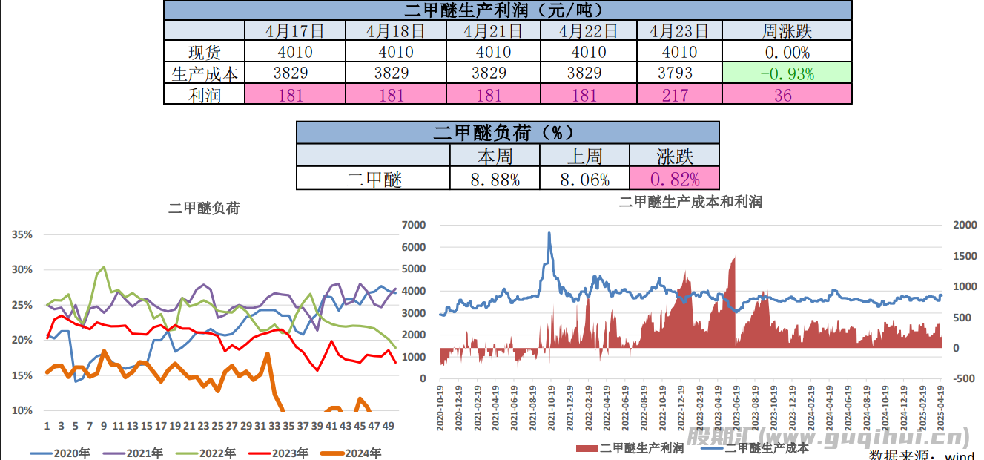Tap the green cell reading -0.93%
(x=787, y=73)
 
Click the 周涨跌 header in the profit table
(x=787, y=31)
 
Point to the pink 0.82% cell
(x=674, y=179)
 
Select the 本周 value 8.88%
(x=495, y=179)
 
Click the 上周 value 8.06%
(x=584, y=179)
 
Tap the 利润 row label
(x=205, y=95)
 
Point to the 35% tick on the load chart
(x=22, y=235)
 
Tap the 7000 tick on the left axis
(x=414, y=225)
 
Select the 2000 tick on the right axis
(x=964, y=225)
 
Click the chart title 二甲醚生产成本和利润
(x=690, y=202)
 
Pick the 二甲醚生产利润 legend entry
(x=630, y=448)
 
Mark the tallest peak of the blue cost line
(x=549, y=233)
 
